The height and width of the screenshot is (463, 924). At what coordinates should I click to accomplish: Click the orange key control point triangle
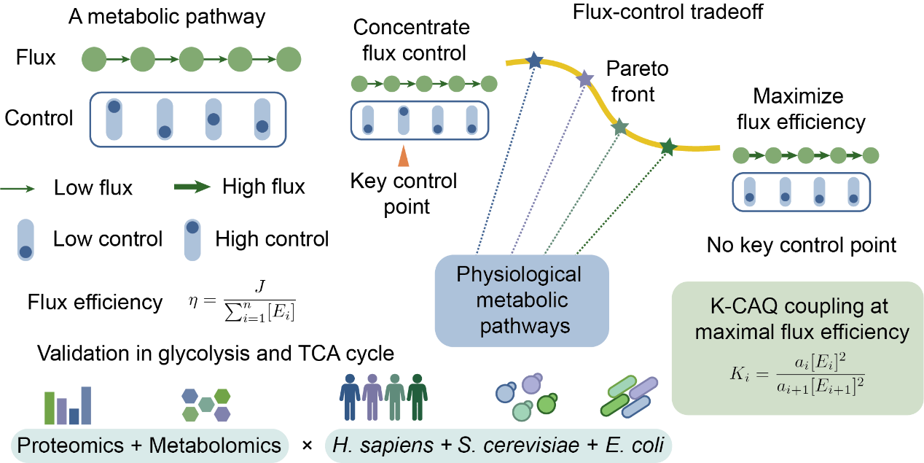(404, 156)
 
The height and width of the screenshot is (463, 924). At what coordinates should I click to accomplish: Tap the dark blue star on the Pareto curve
(535, 61)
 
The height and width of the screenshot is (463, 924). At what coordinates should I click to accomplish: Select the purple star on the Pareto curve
(585, 79)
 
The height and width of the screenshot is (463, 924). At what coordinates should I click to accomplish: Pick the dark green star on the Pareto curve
(667, 147)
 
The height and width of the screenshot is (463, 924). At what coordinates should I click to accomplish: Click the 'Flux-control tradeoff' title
(667, 12)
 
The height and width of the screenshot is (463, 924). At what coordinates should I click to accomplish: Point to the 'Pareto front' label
(636, 81)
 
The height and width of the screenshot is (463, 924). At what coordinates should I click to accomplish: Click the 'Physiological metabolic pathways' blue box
(522, 301)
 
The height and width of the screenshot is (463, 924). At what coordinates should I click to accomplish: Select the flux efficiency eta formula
(242, 301)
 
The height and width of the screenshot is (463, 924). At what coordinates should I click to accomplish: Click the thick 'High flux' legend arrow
(192, 187)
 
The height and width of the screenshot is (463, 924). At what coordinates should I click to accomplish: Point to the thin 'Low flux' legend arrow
(17, 189)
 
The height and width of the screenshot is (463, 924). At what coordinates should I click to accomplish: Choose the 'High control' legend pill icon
(192, 240)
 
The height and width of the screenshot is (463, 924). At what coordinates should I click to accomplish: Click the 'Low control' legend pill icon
(26, 240)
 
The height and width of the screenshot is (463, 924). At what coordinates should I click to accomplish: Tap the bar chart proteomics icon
(68, 405)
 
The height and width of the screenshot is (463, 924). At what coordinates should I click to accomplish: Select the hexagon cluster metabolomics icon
(205, 405)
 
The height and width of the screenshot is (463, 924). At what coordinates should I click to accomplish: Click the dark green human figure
(417, 397)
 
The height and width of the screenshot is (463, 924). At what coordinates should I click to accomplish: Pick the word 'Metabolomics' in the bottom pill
(215, 446)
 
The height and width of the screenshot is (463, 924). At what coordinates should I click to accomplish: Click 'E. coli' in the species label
(635, 446)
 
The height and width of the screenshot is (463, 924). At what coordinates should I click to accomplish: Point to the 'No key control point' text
(802, 245)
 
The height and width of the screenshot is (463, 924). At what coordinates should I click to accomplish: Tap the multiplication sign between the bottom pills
(307, 446)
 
